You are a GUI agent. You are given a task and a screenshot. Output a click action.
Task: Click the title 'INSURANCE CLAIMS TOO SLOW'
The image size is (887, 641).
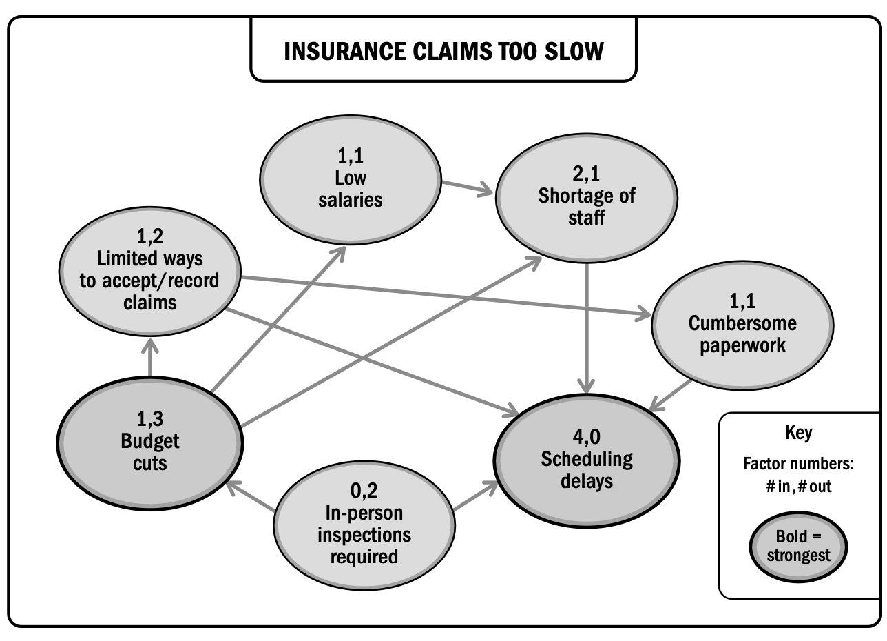pyautogui.click(x=443, y=51)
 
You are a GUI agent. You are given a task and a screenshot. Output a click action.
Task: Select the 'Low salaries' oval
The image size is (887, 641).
pyautogui.click(x=351, y=180)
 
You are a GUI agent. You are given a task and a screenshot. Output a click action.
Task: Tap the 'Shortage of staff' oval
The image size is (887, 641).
pyautogui.click(x=587, y=198)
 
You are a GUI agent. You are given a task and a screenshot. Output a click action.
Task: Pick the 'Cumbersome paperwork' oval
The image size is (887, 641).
pyautogui.click(x=742, y=325)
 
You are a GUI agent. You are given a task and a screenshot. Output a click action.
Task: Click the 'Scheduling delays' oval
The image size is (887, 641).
pyautogui.click(x=587, y=460)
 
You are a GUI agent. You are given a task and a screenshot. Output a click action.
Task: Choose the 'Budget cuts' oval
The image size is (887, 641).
pyautogui.click(x=150, y=443)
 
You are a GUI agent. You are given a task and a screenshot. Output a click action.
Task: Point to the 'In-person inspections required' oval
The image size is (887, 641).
pyautogui.click(x=364, y=525)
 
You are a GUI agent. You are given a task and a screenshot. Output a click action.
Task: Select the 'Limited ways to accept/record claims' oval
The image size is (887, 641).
pyautogui.click(x=150, y=271)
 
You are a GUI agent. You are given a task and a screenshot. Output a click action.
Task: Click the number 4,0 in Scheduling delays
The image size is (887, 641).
pyautogui.click(x=587, y=437)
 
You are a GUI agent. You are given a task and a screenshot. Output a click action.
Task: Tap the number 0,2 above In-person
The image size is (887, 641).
pyautogui.click(x=364, y=491)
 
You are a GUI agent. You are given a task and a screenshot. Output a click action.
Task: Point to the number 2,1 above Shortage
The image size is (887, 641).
pyautogui.click(x=586, y=174)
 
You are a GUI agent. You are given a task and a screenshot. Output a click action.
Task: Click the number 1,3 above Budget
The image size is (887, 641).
pyautogui.click(x=149, y=419)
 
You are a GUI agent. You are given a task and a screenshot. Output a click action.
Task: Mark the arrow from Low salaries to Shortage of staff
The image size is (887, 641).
pyautogui.click(x=467, y=188)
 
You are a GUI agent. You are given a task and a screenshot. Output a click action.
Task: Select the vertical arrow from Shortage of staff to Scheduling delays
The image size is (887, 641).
pyautogui.click(x=587, y=329)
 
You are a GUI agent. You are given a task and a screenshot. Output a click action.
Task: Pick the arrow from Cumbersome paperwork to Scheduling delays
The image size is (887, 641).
pyautogui.click(x=670, y=396)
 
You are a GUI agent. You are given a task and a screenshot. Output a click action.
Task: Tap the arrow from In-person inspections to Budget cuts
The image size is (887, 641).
pyautogui.click(x=250, y=496)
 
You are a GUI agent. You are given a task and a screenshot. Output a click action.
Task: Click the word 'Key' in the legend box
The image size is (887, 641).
pyautogui.click(x=799, y=434)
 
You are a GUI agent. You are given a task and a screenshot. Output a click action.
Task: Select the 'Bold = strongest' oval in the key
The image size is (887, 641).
pyautogui.click(x=798, y=547)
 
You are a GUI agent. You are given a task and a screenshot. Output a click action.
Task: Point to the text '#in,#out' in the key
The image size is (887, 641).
pyautogui.click(x=798, y=487)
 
